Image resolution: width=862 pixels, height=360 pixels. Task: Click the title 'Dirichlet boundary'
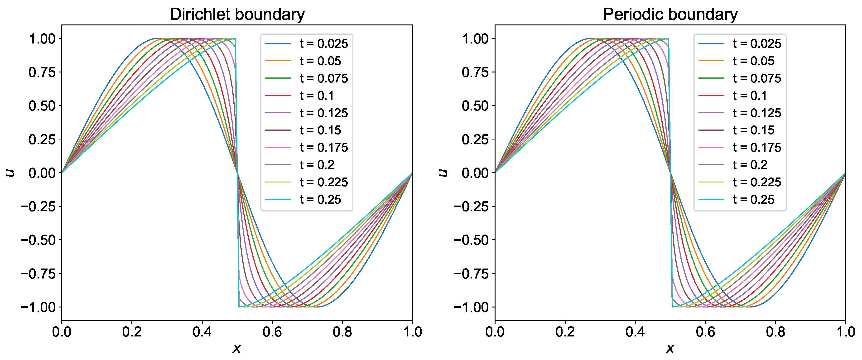click(237, 14)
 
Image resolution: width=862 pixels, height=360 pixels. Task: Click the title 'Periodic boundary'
click(670, 14)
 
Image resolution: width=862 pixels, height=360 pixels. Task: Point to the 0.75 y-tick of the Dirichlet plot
click(42, 72)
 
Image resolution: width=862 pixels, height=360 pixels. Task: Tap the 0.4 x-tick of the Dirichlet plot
click(202, 332)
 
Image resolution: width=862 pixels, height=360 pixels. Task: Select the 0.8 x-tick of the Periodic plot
click(775, 332)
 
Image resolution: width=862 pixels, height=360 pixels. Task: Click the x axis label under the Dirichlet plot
click(236, 349)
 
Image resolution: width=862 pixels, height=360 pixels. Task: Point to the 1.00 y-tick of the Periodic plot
click(475, 39)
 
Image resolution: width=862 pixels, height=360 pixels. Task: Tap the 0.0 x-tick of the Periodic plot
click(495, 332)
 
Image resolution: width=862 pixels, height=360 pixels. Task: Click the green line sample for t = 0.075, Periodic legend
click(711, 78)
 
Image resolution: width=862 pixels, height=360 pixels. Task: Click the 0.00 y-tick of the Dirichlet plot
click(42, 173)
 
